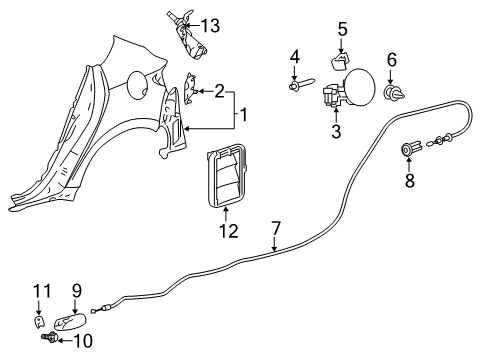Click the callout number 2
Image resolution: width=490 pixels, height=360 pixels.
pyautogui.click(x=218, y=91)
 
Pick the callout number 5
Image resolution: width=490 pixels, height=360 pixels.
pyautogui.click(x=342, y=29)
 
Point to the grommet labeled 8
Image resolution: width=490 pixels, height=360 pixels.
pyautogui.click(x=408, y=151)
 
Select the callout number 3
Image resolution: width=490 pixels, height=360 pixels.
pyautogui.click(x=336, y=131)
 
